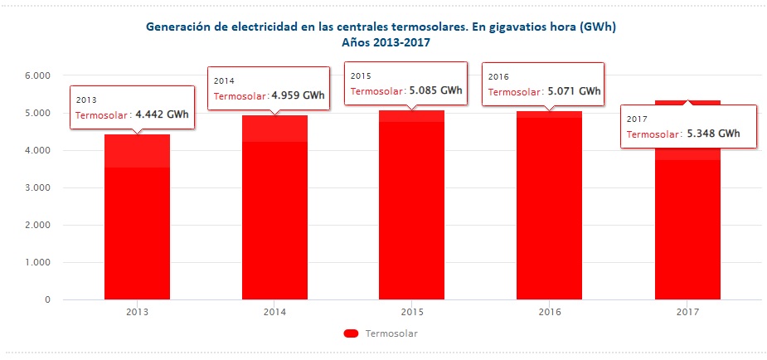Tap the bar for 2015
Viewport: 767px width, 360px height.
(411, 207)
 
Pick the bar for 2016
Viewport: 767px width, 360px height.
(549, 207)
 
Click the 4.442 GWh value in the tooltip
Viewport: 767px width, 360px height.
(162, 114)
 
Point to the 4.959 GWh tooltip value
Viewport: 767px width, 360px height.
(299, 95)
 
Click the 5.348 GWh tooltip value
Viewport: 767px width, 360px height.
(714, 133)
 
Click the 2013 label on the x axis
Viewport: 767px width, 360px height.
(137, 313)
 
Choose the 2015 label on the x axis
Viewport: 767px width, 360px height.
(411, 313)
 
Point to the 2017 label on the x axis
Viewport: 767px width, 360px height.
(687, 313)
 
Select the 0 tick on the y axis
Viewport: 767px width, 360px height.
(47, 300)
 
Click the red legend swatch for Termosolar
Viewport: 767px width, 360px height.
(350, 333)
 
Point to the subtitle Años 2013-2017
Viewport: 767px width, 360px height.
(382, 41)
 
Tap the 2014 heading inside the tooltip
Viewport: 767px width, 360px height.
(225, 81)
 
